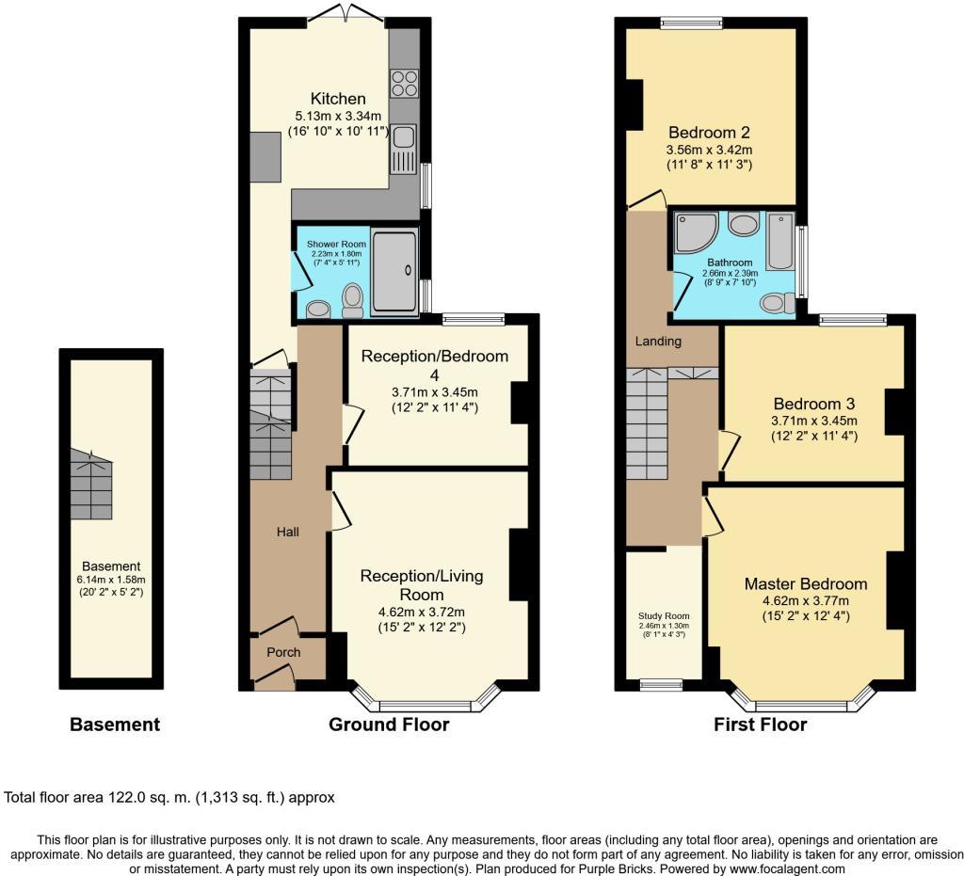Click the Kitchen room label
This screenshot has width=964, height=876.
click(338, 99)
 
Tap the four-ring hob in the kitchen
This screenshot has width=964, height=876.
click(405, 84)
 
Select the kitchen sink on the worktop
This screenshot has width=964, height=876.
click(405, 149)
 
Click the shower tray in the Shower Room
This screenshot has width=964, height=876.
click(394, 270)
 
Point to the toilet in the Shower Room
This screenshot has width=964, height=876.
click(353, 298)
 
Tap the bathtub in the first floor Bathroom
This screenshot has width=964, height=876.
click(780, 241)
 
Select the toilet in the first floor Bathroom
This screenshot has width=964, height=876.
click(776, 302)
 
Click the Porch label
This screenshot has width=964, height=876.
click(283, 652)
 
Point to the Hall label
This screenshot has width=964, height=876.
click(287, 533)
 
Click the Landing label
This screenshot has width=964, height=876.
click(658, 341)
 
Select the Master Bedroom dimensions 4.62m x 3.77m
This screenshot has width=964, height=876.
click(805, 601)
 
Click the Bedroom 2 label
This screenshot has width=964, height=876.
click(709, 132)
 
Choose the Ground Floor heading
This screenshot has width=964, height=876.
click(389, 725)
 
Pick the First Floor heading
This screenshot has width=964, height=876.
click(760, 725)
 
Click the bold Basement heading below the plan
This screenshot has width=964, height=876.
click(115, 725)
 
